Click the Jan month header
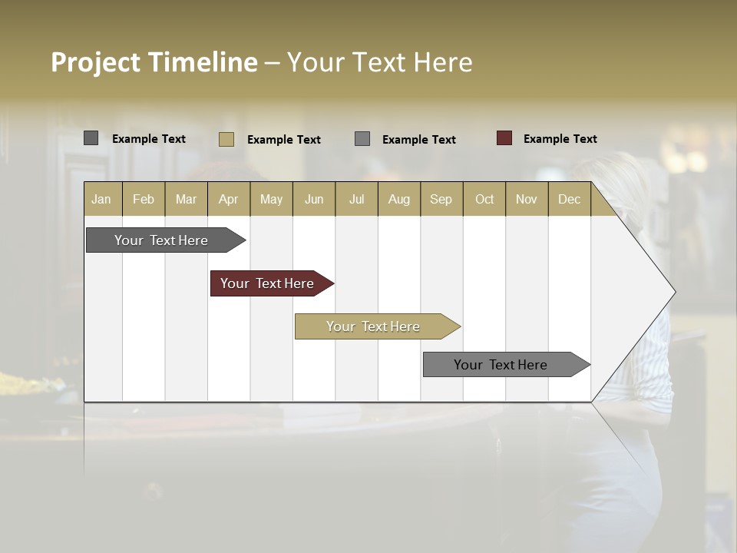[x=101, y=199]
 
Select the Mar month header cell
[x=186, y=199]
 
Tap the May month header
[x=271, y=199]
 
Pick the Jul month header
[x=356, y=199]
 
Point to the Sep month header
[x=441, y=199]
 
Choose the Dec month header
[x=569, y=199]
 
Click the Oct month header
[x=484, y=199]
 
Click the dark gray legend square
[x=91, y=138]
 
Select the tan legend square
[x=226, y=139]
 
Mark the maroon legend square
[x=504, y=138]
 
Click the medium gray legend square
[x=362, y=138]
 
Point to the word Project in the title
[x=96, y=62]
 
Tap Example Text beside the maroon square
[x=560, y=138]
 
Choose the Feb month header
[x=144, y=199]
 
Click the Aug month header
[x=398, y=199]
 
